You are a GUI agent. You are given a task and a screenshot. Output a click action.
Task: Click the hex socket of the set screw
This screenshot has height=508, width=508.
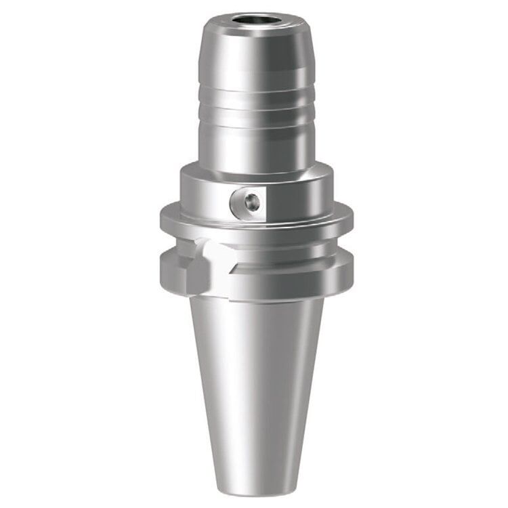(x=252, y=200)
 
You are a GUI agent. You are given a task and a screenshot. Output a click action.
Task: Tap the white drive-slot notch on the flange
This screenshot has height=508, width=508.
(x=215, y=256)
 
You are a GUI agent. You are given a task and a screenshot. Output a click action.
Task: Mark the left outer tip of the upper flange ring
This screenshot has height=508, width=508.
(x=163, y=218)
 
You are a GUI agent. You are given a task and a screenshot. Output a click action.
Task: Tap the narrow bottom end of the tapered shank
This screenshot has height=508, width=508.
(x=256, y=484)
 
